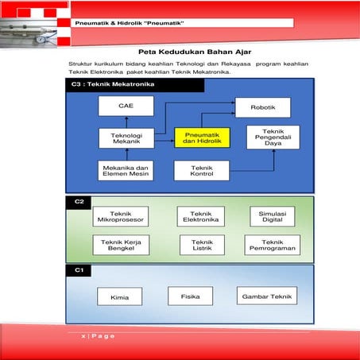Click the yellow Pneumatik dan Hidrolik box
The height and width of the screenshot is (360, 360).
coord(202,138)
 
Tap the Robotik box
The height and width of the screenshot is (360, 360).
coord(262,107)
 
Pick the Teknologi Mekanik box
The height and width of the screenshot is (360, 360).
coord(126,138)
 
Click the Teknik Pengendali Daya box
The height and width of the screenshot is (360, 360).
coord(272,138)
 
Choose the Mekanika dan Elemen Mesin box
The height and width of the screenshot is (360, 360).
coord(126,171)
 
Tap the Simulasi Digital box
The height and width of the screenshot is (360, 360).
coord(272,216)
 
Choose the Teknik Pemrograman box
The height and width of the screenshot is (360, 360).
coord(272,246)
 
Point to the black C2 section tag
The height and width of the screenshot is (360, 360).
coord(79,201)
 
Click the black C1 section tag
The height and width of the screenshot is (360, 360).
coord(79,270)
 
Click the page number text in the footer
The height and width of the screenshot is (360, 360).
coord(98,337)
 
